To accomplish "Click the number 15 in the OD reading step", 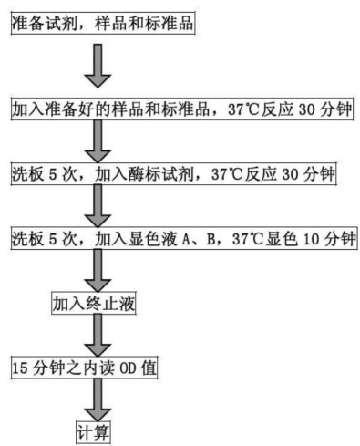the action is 20,368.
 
